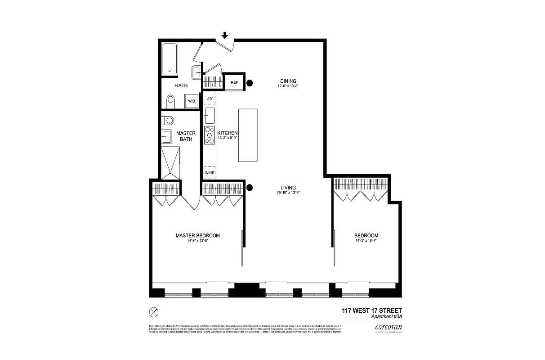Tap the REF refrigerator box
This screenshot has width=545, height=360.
pos(234,82)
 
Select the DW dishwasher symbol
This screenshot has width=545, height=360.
pos(210,98)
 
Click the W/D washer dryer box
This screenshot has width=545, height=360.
pos(192,101)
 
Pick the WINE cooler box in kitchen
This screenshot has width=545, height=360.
pos(210,173)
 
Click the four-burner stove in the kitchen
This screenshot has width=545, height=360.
pos(210,135)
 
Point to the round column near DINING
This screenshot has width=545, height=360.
pos(249,83)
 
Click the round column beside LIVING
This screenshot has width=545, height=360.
pos(250,188)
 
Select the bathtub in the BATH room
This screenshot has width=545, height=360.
pos(170,59)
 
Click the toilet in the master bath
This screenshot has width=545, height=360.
pos(168,120)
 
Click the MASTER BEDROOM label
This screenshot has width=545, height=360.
pos(197,235)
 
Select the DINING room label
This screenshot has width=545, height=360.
pos(288,81)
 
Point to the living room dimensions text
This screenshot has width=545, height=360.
pos(288,193)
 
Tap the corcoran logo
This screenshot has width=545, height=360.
pos(385,328)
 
